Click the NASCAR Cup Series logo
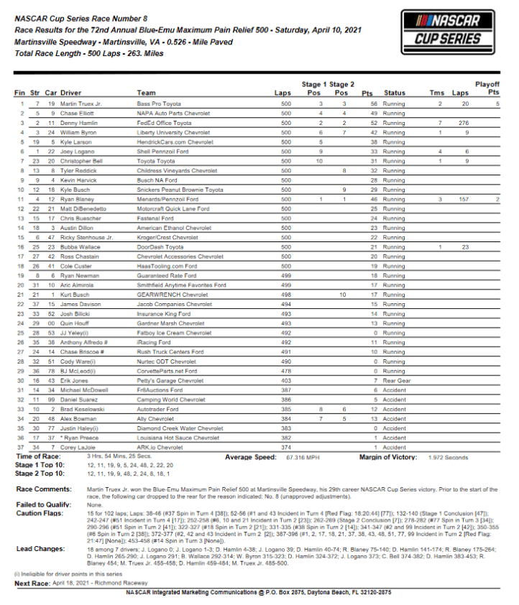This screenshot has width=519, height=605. [446, 32]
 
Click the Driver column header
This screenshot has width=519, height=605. [71, 93]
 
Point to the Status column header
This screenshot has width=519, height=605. [395, 93]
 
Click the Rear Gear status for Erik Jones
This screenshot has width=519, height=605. [397, 380]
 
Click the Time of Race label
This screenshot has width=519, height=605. [37, 456]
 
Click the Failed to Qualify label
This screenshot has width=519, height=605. [42, 504]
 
